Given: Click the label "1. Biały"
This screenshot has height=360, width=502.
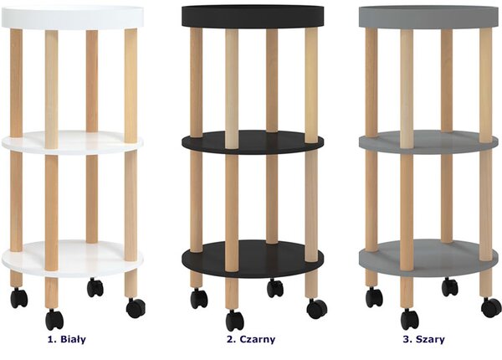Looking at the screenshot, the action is [67, 339].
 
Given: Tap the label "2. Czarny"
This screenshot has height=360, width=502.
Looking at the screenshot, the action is [251, 339].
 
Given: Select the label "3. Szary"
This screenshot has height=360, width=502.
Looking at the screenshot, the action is [423, 339].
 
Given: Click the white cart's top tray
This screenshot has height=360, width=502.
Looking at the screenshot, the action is [72, 17].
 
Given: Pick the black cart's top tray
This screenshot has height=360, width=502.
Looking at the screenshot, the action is [253, 16].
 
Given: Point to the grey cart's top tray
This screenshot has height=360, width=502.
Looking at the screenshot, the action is [429, 17].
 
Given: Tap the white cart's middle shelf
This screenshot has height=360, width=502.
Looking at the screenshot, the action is [72, 143].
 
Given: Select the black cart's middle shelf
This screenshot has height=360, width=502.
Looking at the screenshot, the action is [253, 142].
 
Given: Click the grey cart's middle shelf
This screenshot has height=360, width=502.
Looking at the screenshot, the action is [428, 142].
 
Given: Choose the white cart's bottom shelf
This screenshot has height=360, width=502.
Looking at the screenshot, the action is [72, 258].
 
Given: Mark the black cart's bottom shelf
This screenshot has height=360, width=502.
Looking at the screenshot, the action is [253, 259].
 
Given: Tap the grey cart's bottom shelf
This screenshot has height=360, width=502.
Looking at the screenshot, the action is [428, 258].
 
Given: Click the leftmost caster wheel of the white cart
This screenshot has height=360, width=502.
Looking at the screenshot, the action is [19, 298].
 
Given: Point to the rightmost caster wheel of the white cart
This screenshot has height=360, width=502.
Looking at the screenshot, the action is [136, 308].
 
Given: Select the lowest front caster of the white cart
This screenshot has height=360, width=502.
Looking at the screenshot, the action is [54, 320].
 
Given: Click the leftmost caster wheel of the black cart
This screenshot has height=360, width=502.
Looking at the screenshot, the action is [199, 299].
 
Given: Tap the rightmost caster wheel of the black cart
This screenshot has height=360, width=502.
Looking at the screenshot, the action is [317, 309].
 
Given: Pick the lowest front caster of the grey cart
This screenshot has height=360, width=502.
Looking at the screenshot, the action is [410, 319].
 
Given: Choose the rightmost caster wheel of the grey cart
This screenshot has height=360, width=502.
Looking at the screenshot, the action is [491, 307].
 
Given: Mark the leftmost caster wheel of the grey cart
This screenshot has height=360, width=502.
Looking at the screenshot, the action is [374, 297].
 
